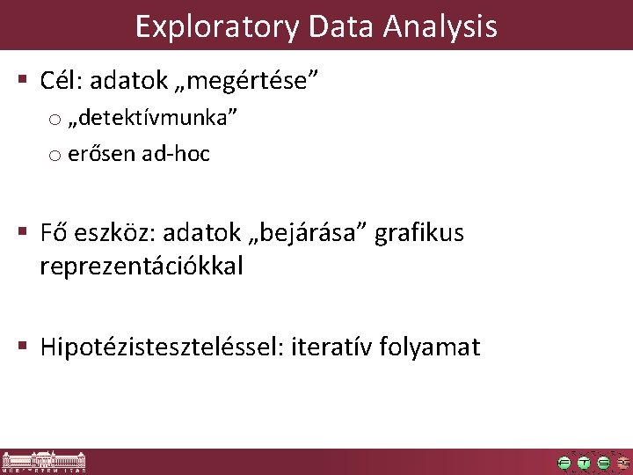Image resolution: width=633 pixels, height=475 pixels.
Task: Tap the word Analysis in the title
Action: pyautogui.click(x=440, y=26)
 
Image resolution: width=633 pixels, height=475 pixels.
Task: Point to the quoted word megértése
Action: pyautogui.click(x=251, y=82)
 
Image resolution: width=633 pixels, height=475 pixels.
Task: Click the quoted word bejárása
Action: pyautogui.click(x=304, y=233)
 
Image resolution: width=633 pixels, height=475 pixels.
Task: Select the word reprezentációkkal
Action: pyautogui.click(x=141, y=266)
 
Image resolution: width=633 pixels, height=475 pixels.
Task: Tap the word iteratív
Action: pyautogui.click(x=322, y=347)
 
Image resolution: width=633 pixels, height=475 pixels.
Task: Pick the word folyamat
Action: pyautogui.click(x=430, y=347)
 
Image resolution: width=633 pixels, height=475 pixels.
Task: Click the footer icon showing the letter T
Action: pyautogui.click(x=584, y=463)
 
